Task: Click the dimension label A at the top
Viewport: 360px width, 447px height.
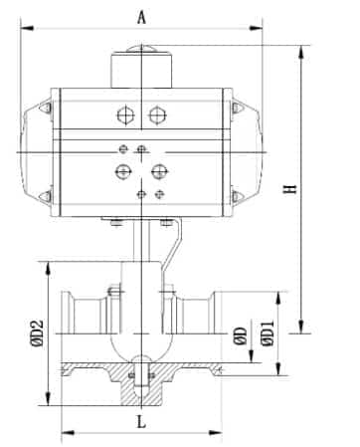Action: [141, 18]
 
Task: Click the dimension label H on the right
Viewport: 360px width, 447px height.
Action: [289, 189]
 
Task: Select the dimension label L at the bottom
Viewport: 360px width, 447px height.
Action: [141, 422]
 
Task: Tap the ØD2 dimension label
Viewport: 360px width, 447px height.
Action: [37, 334]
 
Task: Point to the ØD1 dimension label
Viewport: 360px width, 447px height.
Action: [268, 334]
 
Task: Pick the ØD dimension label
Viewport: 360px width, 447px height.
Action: [241, 335]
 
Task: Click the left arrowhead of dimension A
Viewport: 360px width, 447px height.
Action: [27, 28]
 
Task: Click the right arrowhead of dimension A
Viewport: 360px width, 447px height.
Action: [256, 28]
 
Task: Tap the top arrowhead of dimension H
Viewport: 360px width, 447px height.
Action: [301, 52]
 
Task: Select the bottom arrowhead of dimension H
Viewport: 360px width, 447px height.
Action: [301, 327]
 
